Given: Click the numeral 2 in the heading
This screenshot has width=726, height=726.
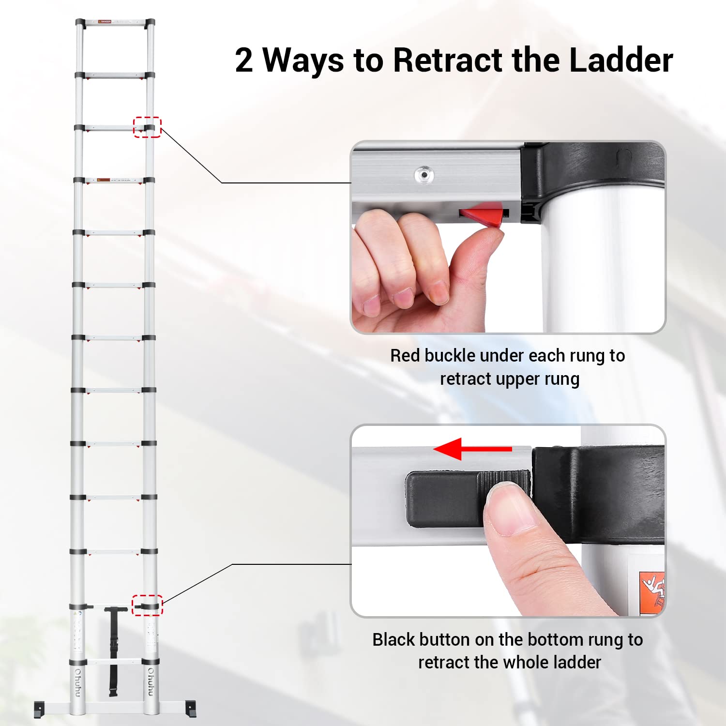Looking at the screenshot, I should pyautogui.click(x=244, y=60).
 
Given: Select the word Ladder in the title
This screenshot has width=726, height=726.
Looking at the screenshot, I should pyautogui.click(x=621, y=60).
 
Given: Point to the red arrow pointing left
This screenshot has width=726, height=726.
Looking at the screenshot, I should pyautogui.click(x=472, y=449).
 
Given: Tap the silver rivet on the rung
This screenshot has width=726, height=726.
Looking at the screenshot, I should pyautogui.click(x=424, y=175).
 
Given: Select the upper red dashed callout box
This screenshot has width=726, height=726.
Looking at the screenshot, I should pyautogui.click(x=147, y=127).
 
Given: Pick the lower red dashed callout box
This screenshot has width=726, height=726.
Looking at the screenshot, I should pyautogui.click(x=147, y=605).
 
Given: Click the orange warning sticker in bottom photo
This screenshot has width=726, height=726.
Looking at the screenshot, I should pyautogui.click(x=652, y=593).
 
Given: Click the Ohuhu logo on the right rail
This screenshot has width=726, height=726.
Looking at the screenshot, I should pyautogui.click(x=151, y=682).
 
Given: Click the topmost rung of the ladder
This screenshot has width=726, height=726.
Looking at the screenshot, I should pyautogui.click(x=115, y=22).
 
